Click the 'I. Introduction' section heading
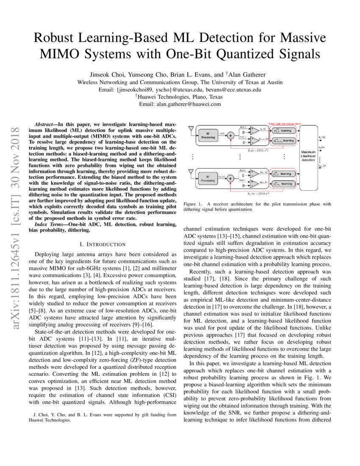(x=102, y=244)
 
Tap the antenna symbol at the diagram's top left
(x=191, y=128)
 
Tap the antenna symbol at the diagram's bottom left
(x=191, y=172)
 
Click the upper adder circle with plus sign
(x=230, y=136)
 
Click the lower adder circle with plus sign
(x=230, y=178)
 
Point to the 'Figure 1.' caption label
(x=193, y=204)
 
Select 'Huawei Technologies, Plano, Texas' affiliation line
(x=180, y=96)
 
